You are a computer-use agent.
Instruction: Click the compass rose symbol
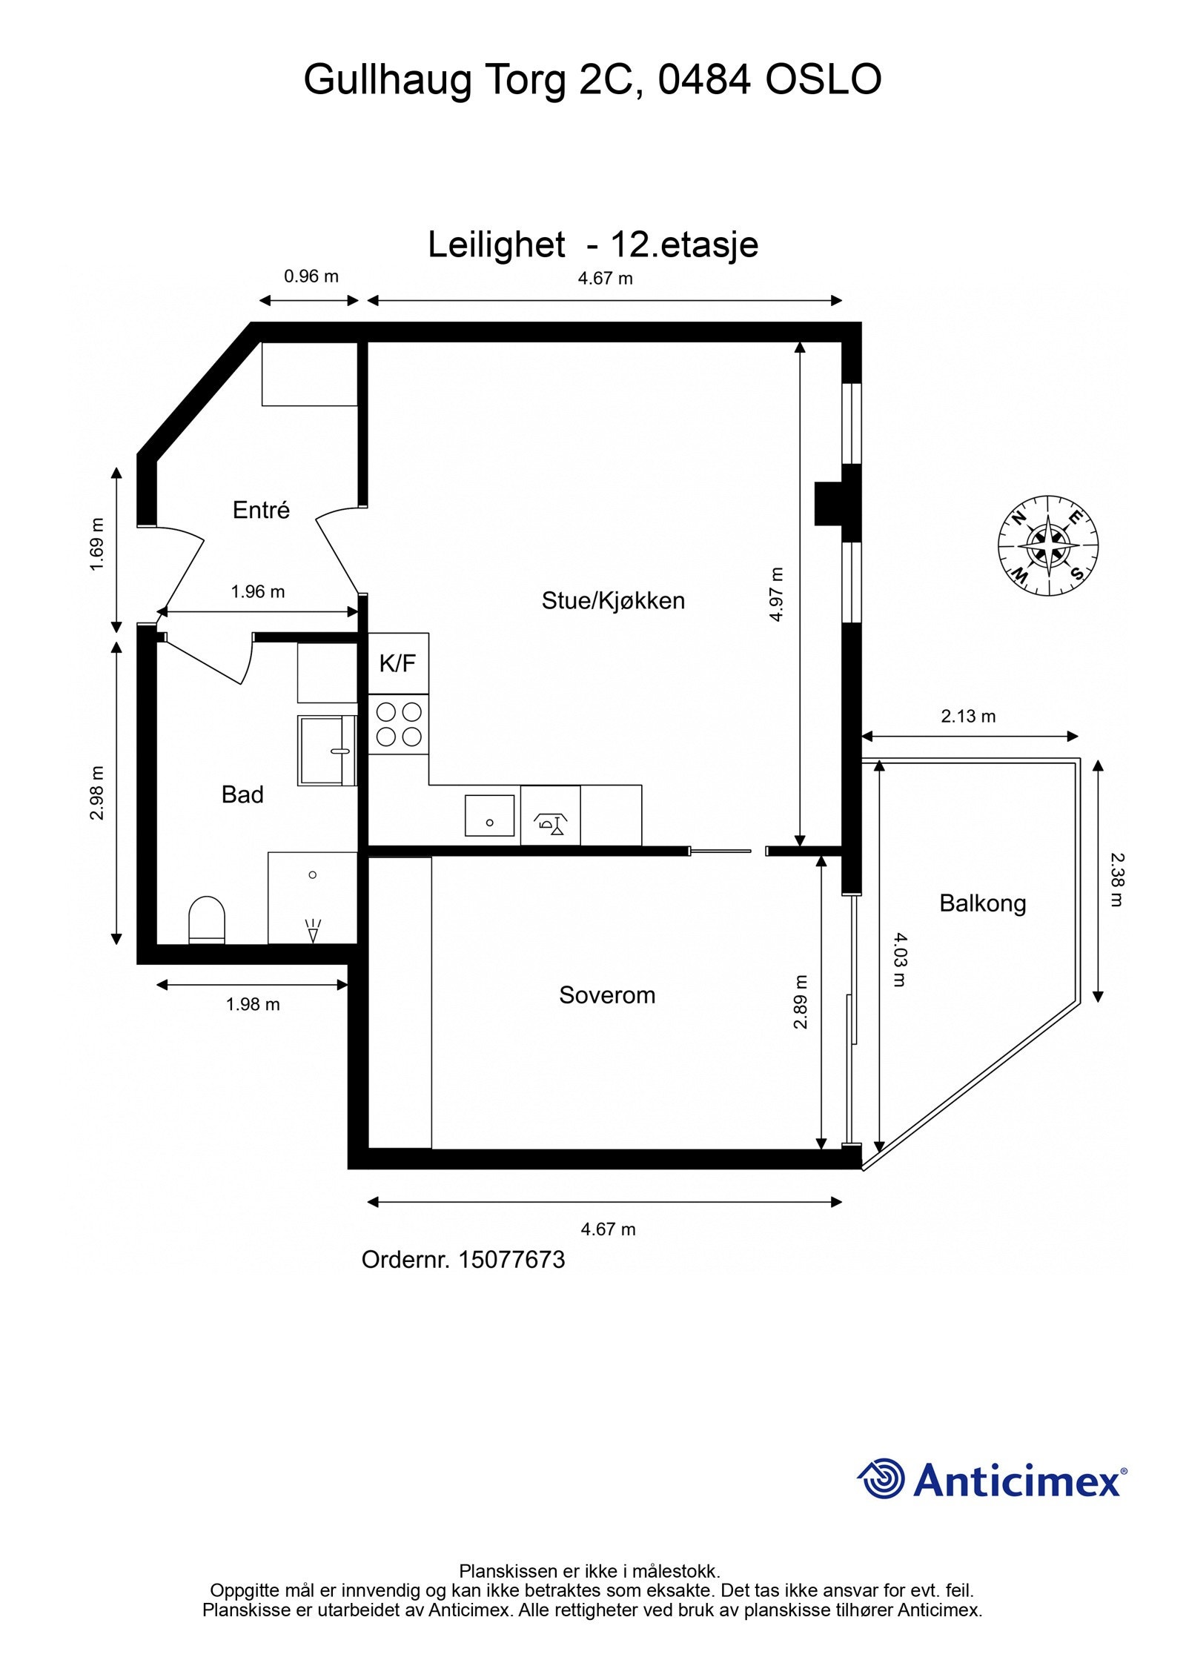coord(1047,546)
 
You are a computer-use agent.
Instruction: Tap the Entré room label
coord(261,510)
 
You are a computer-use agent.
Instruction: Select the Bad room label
coord(242,794)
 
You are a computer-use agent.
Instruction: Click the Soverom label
coord(606,994)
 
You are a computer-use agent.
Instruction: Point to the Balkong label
coord(982,903)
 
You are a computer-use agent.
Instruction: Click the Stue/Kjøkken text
coord(613,600)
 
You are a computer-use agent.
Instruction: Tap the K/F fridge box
coord(398,663)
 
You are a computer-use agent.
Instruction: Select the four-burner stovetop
coord(399,724)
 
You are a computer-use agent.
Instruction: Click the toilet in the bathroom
coord(207,920)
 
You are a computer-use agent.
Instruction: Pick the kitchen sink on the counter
coord(489,815)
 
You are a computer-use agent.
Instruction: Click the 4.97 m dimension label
coord(776,594)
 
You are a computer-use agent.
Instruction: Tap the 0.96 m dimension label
coord(311,276)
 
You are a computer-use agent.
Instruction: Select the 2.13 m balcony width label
coord(968,717)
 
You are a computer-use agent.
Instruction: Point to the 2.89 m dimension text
coord(800,1002)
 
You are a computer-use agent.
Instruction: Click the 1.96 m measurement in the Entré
coord(257,591)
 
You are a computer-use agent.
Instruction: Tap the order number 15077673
coord(511,1260)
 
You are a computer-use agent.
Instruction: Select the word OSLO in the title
coord(823,80)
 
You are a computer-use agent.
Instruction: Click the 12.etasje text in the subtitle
coord(684,245)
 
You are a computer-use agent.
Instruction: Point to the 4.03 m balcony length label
coord(898,960)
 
